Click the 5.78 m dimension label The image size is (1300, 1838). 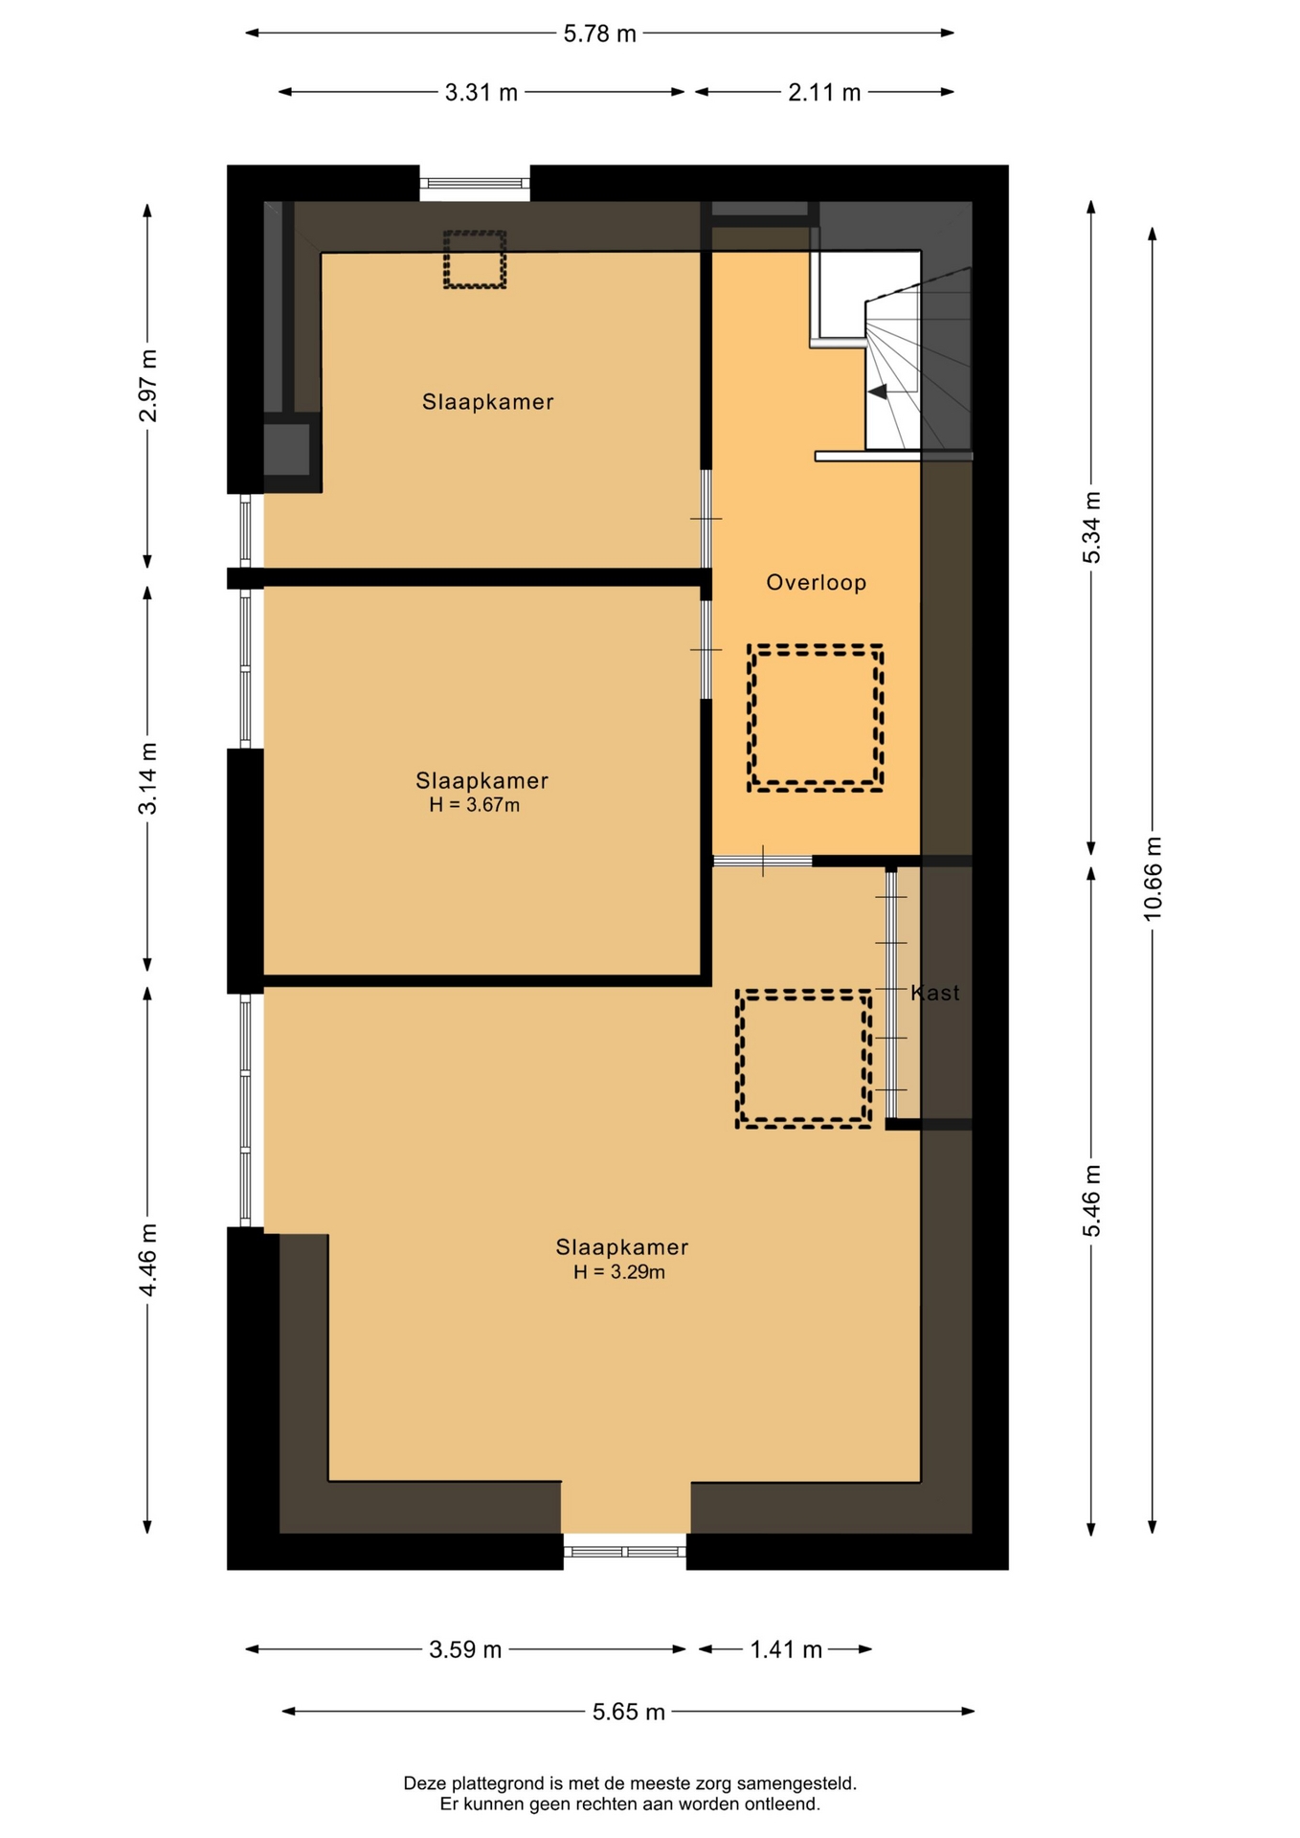pos(599,34)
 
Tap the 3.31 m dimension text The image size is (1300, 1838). pos(481,93)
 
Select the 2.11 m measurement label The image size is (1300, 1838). pos(824,93)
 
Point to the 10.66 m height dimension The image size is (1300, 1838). pos(1153,878)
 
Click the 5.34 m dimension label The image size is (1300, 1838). pos(1091,527)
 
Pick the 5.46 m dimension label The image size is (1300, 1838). pos(1091,1200)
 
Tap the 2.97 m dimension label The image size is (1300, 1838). pos(147,386)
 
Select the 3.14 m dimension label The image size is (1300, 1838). pos(147,778)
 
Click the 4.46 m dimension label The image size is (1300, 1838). pos(147,1260)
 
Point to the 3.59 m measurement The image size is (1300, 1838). pos(465,1649)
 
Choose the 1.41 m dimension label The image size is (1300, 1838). pos(786,1649)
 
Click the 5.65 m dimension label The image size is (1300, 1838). pos(628,1712)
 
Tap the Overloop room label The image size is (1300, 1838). pos(817,582)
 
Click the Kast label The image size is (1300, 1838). pos(935,993)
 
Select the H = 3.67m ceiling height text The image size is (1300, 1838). pos(474,805)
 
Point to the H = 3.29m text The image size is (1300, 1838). pos(619,1272)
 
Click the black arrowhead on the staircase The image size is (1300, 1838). pos(877,392)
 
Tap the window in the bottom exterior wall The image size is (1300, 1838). pos(625,1551)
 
